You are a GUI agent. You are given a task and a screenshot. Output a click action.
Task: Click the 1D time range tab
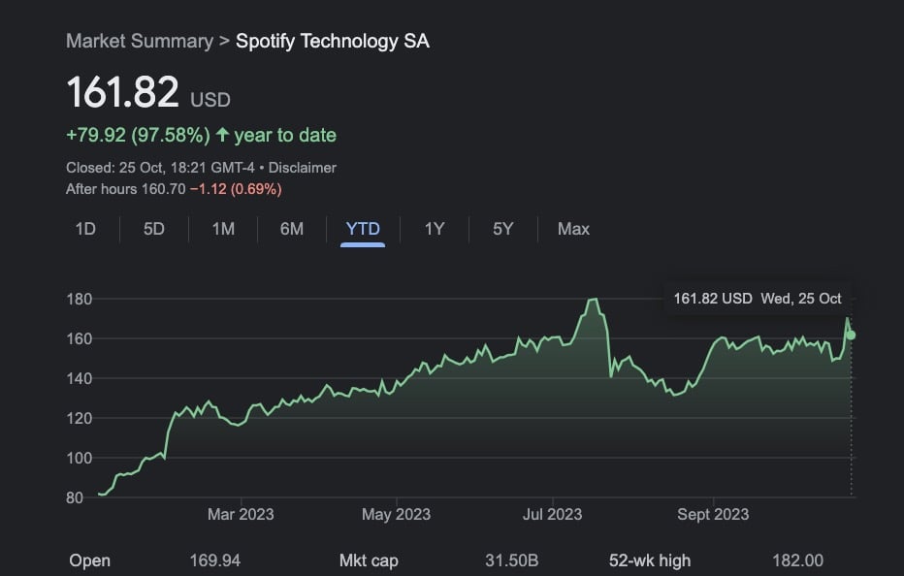click(85, 229)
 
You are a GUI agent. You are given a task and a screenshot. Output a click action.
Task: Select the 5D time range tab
click(154, 229)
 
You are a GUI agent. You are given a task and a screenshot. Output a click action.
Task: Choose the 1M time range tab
click(223, 229)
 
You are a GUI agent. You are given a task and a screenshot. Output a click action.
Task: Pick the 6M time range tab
click(292, 229)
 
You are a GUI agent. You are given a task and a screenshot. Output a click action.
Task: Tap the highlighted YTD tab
click(363, 229)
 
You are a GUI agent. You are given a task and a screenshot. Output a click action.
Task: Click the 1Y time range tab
click(435, 229)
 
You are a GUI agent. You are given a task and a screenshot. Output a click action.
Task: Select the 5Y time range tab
click(502, 229)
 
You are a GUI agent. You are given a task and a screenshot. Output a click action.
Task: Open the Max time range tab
click(573, 229)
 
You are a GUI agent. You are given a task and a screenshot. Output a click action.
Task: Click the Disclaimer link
click(303, 168)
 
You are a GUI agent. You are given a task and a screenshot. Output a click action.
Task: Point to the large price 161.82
click(123, 93)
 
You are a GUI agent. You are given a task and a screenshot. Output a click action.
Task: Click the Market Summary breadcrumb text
click(139, 41)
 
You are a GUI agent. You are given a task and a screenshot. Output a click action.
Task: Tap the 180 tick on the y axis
click(79, 299)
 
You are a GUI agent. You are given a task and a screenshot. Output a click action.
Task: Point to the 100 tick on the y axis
click(79, 458)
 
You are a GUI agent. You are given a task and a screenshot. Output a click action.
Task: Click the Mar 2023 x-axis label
click(241, 514)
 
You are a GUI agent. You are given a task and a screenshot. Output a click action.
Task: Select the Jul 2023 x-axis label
click(552, 514)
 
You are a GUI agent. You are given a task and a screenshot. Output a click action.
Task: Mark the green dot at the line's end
click(852, 335)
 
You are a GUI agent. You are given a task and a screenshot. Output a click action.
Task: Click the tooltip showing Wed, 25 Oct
click(758, 299)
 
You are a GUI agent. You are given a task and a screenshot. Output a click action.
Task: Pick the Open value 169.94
click(215, 560)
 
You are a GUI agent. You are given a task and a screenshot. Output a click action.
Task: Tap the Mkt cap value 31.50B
click(511, 560)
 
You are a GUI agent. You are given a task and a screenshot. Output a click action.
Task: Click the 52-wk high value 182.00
click(797, 560)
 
